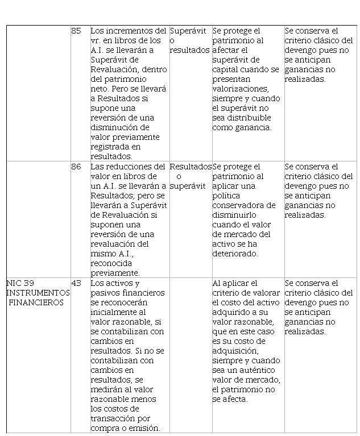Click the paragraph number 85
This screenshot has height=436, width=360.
[76, 31]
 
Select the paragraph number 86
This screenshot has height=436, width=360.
[76, 167]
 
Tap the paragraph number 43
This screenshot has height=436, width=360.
[76, 283]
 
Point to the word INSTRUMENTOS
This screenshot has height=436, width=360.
[38, 293]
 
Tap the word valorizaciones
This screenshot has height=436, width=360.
[238, 89]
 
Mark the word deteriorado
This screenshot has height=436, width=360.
[235, 254]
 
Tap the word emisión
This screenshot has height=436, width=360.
[142, 428]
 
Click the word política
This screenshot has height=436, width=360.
[226, 196]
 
